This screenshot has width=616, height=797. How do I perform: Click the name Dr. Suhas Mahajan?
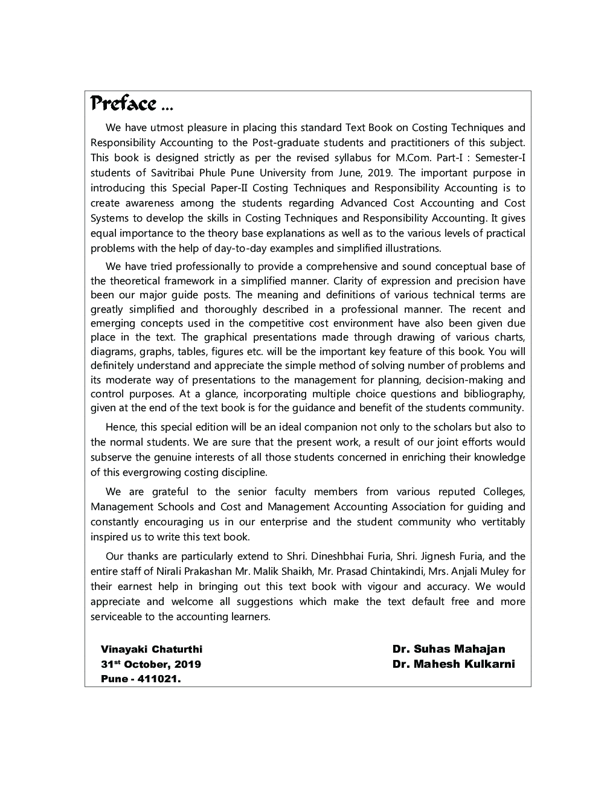tap(448, 649)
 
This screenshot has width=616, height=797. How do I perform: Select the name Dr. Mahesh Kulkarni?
tap(453, 664)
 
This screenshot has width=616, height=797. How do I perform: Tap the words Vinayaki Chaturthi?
tap(152, 650)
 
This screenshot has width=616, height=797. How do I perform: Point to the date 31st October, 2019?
tap(151, 665)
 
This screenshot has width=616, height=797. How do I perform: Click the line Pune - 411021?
tap(141, 679)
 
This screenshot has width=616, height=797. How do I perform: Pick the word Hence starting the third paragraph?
tap(121, 427)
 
